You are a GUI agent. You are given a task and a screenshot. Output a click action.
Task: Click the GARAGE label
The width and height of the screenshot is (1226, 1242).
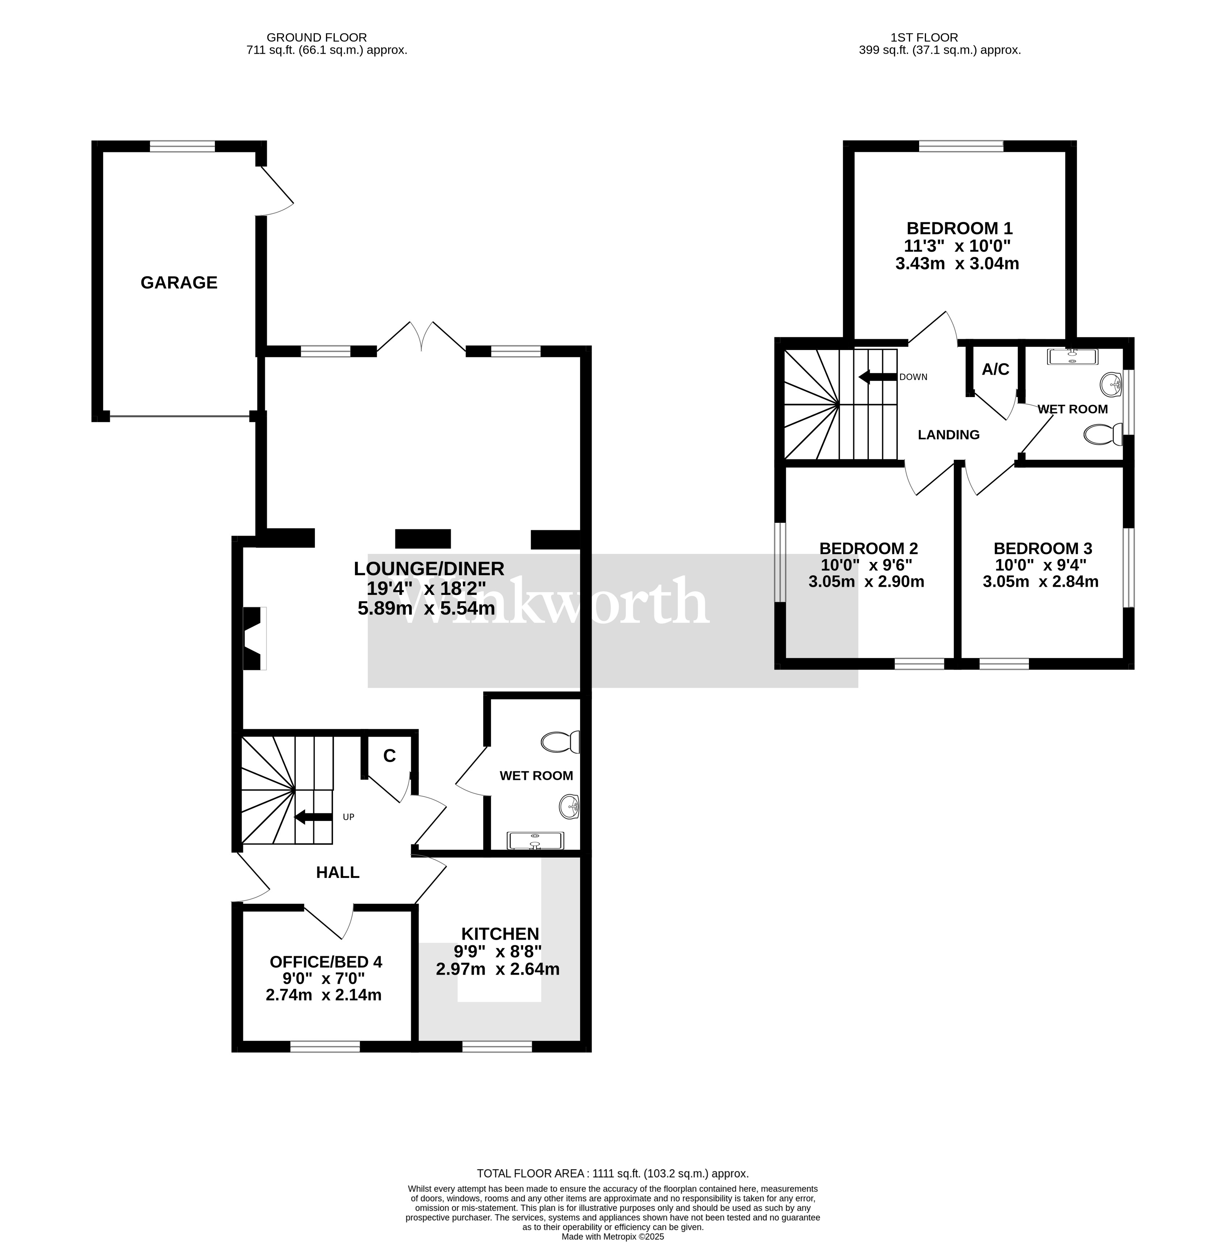[x=179, y=283]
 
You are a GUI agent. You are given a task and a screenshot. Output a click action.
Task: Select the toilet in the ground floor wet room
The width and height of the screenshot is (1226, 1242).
[x=560, y=742]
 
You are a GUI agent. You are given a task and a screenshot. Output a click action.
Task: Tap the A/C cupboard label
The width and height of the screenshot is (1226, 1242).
[x=995, y=370]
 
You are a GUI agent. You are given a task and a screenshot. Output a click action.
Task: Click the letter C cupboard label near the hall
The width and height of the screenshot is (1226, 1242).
[x=389, y=756]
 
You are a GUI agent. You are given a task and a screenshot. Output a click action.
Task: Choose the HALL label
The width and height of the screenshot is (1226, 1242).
[x=338, y=872]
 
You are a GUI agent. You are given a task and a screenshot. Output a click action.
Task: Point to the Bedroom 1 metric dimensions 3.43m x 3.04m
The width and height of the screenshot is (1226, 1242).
[x=957, y=263]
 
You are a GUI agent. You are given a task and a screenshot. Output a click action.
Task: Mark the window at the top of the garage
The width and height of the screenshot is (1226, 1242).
[x=183, y=147]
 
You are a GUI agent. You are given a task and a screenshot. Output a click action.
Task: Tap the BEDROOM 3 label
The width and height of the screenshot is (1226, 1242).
[x=1042, y=549]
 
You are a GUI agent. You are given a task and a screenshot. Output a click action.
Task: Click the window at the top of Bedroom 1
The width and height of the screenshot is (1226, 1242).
[x=961, y=147]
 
